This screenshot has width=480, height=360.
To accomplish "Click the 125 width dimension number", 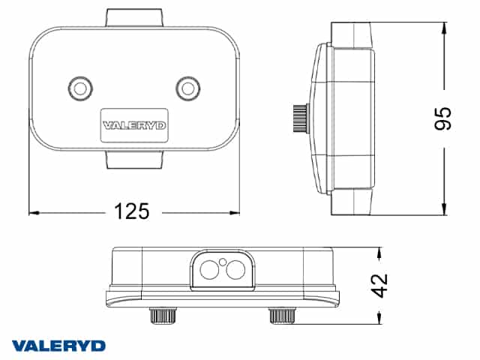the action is pos(132,211).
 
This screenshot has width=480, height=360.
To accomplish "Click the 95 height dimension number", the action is pos(443,118).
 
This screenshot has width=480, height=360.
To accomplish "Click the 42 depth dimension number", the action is pos(380,285).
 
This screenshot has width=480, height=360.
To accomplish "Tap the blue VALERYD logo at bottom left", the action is pos(58,346).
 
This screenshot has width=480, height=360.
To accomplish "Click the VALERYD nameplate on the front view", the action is pos(134,125).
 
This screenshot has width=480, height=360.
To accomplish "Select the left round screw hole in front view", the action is pos(80,88).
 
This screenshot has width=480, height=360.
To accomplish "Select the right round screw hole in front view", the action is pos(188,88).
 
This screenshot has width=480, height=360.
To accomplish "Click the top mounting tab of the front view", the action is pos(134,18).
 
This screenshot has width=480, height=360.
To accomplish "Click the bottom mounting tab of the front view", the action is pos(134,160).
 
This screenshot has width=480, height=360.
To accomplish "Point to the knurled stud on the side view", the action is pos(300,118).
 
